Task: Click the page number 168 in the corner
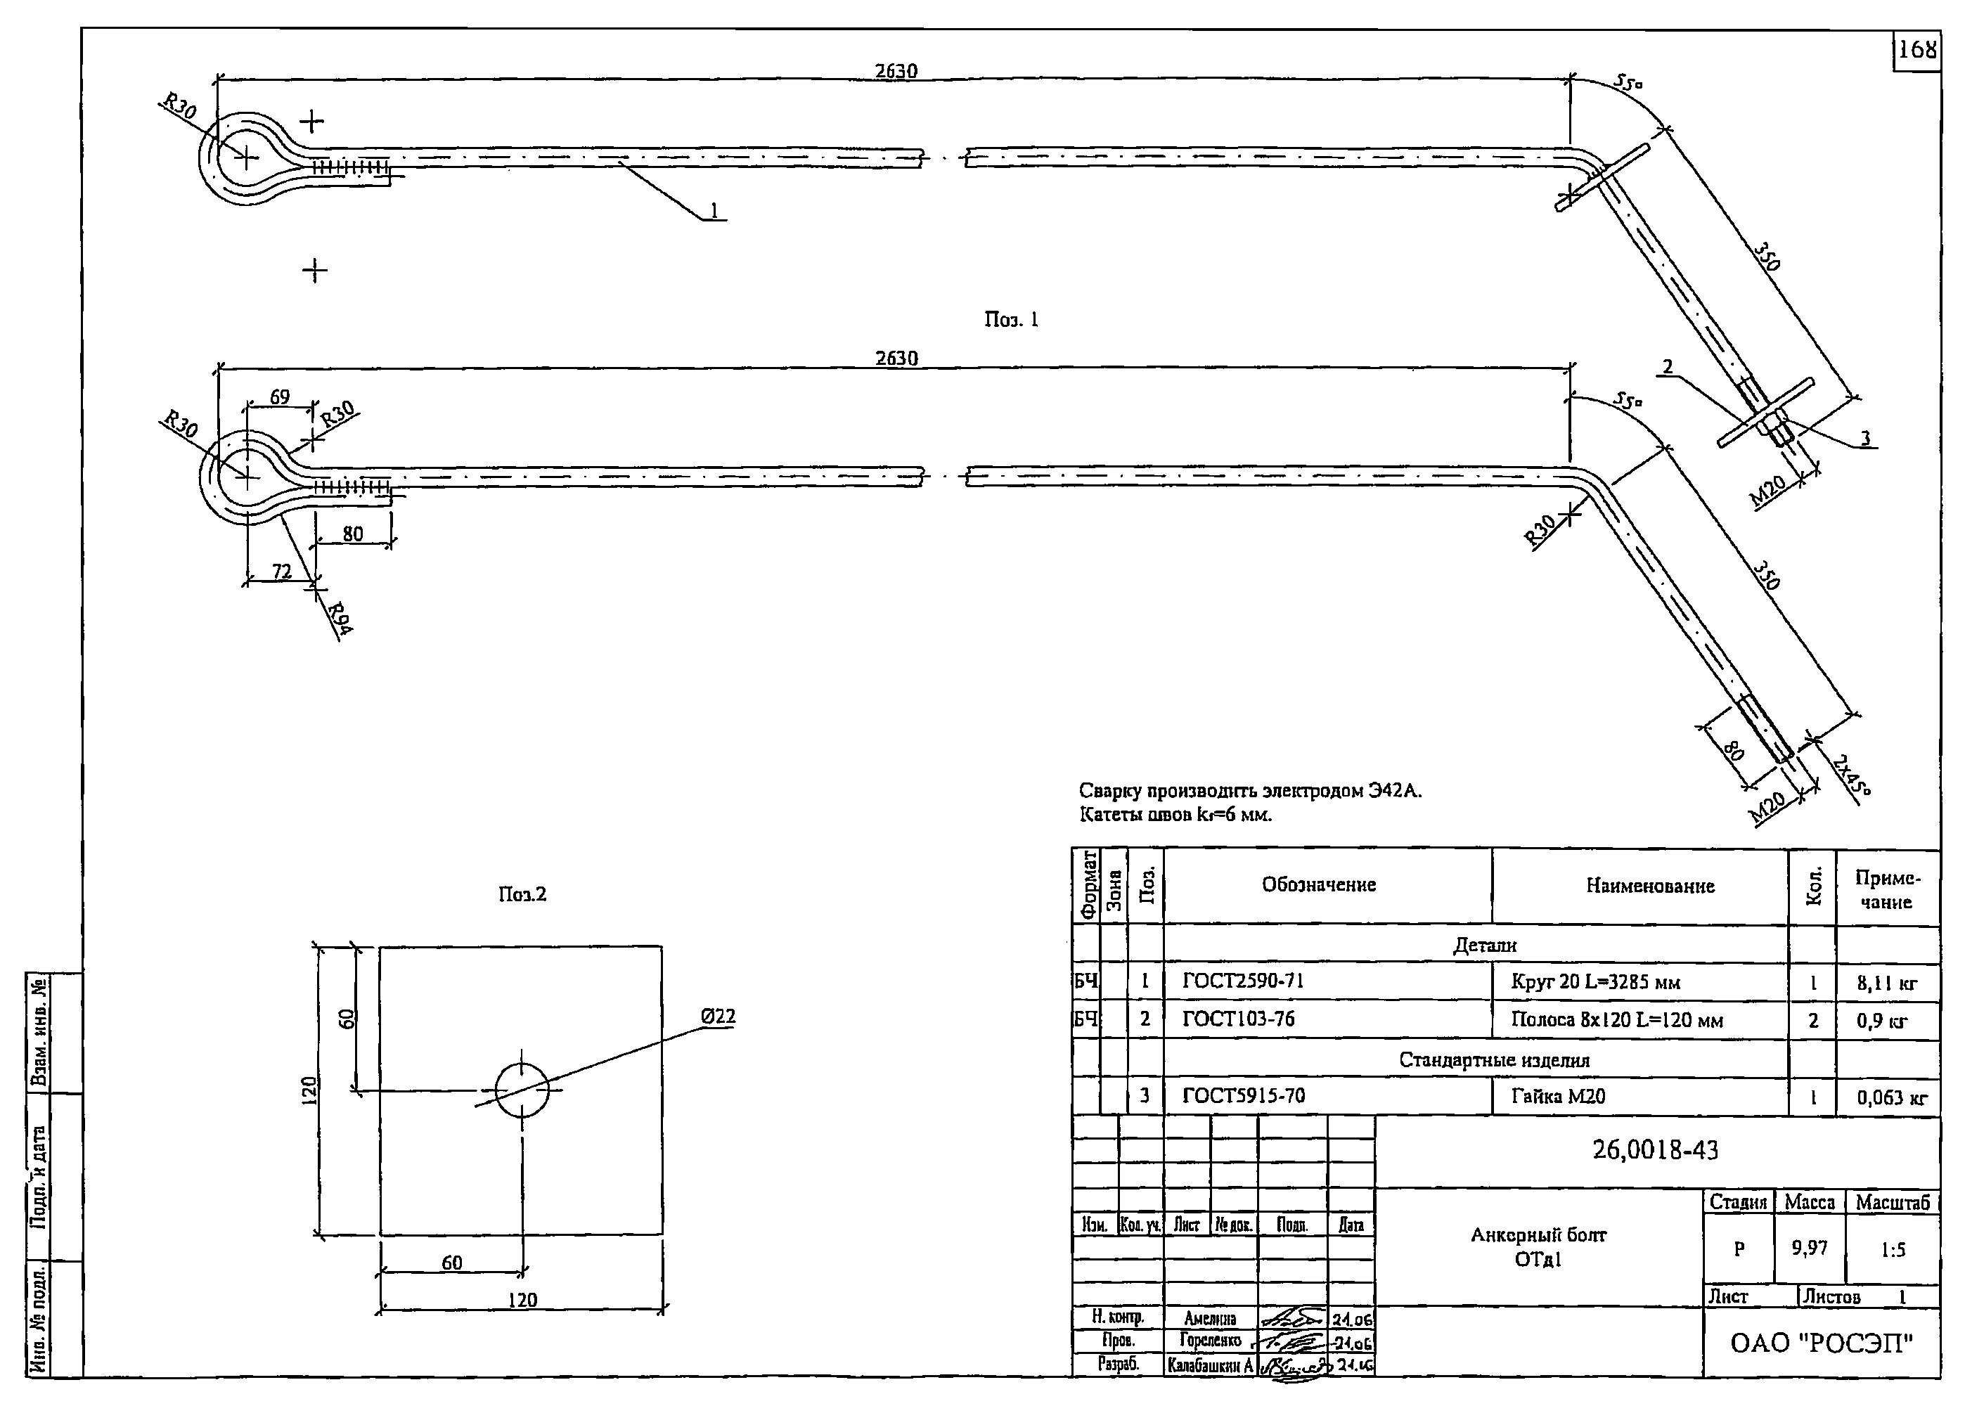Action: point(1916,50)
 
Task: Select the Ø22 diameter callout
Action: point(718,1017)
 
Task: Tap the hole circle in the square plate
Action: point(522,1089)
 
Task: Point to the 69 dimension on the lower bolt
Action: point(280,397)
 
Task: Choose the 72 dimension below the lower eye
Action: point(282,572)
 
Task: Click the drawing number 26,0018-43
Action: point(1655,1149)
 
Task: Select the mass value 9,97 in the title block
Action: point(1809,1248)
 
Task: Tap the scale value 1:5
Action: point(1893,1250)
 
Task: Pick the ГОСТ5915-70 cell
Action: point(1244,1096)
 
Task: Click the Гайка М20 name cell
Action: point(1558,1097)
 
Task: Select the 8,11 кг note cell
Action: point(1886,983)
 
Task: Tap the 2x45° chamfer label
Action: point(1850,775)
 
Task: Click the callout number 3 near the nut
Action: point(1865,438)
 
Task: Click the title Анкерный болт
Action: point(1538,1235)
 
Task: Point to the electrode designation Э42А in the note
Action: point(1393,790)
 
